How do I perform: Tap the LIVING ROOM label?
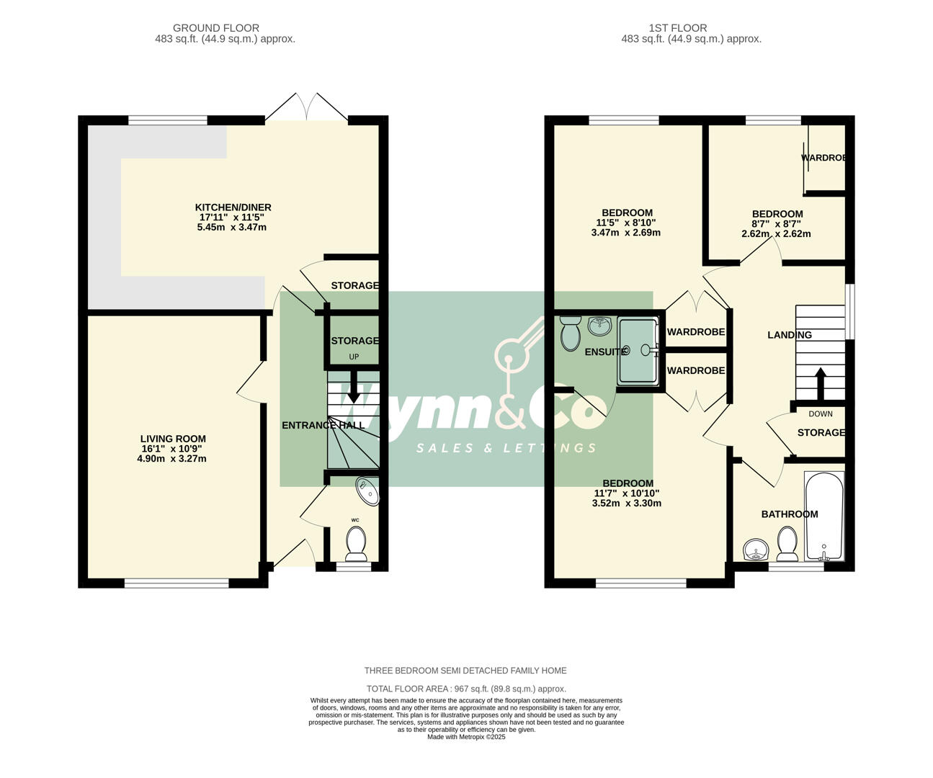point(173,439)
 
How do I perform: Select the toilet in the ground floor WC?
point(356,543)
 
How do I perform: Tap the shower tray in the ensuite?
point(638,351)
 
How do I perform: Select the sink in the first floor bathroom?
point(756,551)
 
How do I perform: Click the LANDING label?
point(789,335)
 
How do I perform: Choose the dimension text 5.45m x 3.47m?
point(231,228)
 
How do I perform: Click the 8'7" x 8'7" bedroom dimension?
point(777,224)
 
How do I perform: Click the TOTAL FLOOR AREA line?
point(466,689)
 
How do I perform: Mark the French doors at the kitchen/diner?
point(308,108)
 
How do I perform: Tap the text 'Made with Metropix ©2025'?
point(466,737)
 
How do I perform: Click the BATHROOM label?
point(789,514)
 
